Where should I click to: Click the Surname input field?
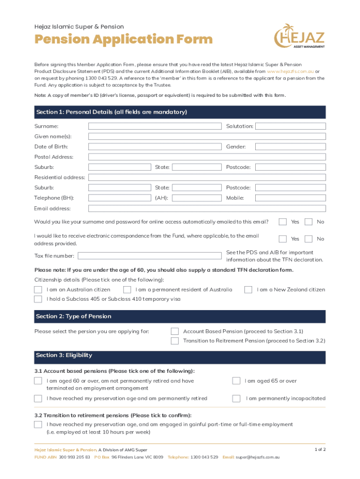155,126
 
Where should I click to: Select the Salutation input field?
290,126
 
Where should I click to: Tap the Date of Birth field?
155,147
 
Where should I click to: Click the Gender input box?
290,147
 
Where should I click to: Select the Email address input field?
207,209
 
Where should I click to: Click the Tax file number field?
149,256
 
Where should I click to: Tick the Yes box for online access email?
283,222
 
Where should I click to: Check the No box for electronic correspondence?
309,239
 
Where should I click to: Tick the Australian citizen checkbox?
38,290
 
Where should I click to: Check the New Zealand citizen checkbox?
248,290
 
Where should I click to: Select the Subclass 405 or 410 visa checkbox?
38,299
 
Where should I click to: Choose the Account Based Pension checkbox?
175,332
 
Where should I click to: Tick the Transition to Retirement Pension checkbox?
175,341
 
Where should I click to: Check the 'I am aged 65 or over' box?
237,381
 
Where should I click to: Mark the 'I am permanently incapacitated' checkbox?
237,399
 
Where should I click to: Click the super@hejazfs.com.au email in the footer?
258,457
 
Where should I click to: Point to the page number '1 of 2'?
320,450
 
